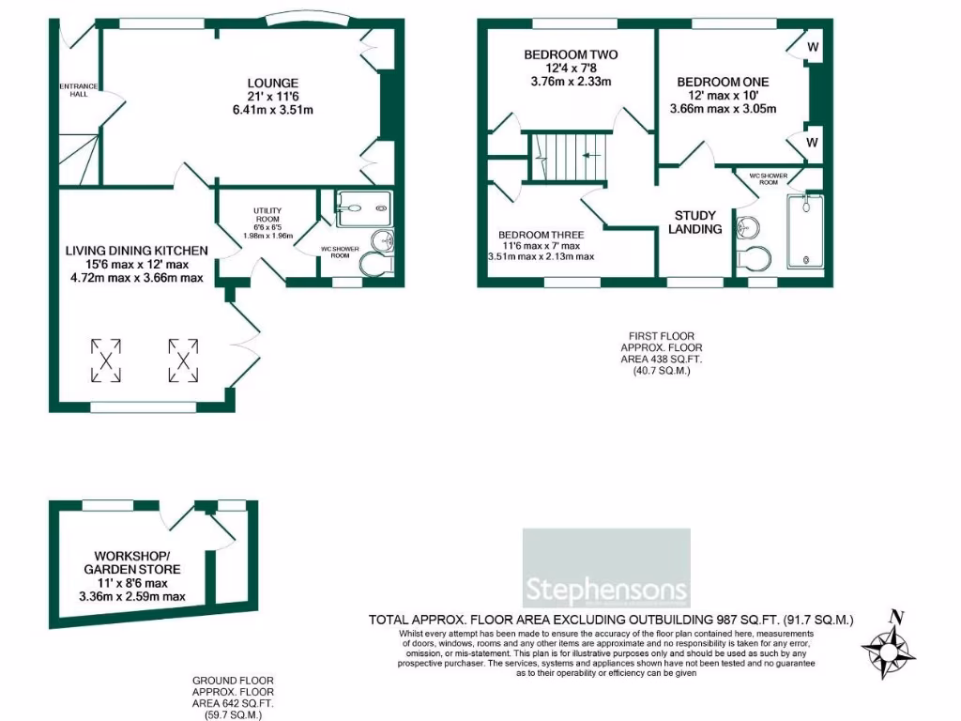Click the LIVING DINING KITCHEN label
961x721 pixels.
pyautogui.click(x=136, y=251)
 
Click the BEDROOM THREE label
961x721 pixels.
pyautogui.click(x=541, y=235)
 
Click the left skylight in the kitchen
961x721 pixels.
pyautogui.click(x=107, y=359)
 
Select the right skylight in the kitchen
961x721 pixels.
pyautogui.click(x=184, y=359)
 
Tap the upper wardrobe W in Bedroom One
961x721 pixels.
pyautogui.click(x=813, y=47)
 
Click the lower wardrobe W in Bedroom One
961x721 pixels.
pyautogui.click(x=813, y=143)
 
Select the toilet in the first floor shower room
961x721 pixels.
pyautogui.click(x=755, y=257)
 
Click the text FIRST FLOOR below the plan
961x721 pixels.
pyautogui.click(x=663, y=336)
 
